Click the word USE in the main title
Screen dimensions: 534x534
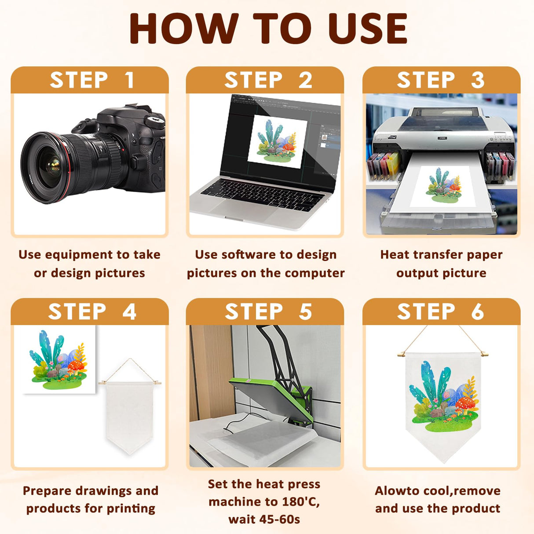coord(367,29)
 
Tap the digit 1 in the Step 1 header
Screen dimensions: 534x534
coord(129,80)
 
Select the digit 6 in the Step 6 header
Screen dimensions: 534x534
coord(477,311)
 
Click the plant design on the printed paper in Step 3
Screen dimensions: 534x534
coord(444,185)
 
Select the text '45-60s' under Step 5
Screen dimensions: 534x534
coord(279,520)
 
